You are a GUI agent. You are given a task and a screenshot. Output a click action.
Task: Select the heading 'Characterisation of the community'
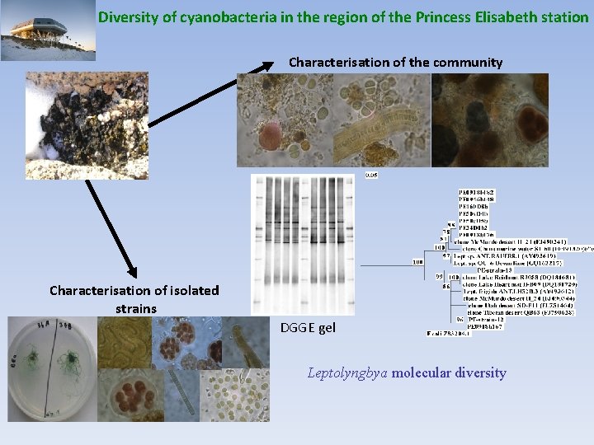395,62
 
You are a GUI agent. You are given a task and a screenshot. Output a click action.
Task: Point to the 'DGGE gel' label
308,327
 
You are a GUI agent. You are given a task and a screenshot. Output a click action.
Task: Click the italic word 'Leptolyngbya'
347,372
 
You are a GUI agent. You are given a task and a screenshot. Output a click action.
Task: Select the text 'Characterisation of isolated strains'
134,298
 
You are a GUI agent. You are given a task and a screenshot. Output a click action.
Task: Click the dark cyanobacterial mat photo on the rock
124,124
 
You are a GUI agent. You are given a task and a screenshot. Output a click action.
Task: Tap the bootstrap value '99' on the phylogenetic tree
441,276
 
